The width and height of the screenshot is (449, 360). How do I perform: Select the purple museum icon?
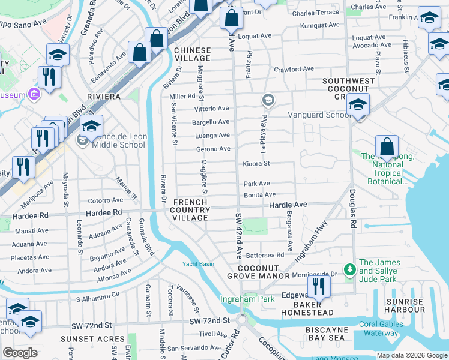[x=34, y=95]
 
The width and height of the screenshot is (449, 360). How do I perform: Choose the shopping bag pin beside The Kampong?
[x=387, y=146]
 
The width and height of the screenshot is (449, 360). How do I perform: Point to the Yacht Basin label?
[x=198, y=264]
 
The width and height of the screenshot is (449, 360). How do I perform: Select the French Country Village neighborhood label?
[x=190, y=210]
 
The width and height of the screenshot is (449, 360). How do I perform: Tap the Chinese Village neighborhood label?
[x=193, y=54]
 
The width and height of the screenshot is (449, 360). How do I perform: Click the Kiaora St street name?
[x=256, y=163]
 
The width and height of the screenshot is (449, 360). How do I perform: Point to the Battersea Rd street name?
[x=265, y=255]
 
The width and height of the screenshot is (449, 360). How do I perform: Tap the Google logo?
[x=20, y=353]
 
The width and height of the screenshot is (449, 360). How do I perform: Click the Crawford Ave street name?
[x=294, y=69]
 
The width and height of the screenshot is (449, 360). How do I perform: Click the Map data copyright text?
[x=411, y=355]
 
